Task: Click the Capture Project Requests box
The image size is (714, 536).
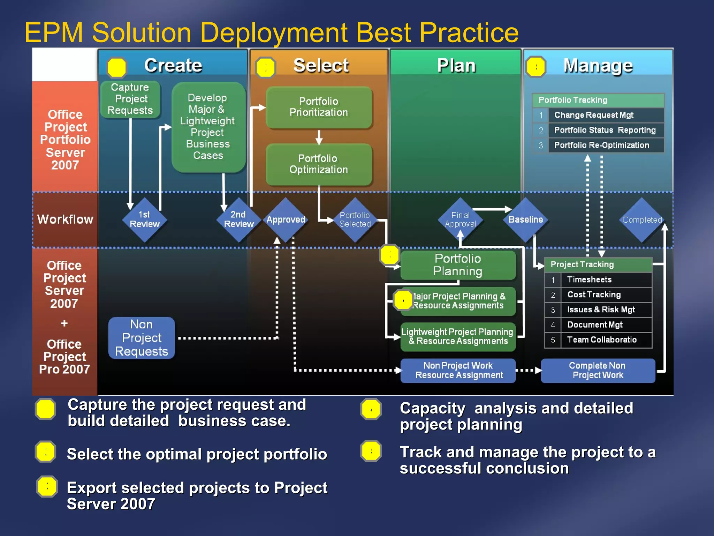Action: click(x=130, y=99)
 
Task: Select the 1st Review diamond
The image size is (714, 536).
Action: click(x=144, y=219)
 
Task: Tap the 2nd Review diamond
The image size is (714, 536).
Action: click(x=238, y=219)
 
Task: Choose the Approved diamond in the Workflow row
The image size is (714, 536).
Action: click(x=286, y=219)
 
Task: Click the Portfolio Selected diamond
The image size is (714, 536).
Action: click(x=355, y=219)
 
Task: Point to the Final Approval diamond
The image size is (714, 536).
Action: click(x=460, y=219)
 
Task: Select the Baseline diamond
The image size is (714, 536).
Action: click(x=525, y=219)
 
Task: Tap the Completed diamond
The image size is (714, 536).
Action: click(x=642, y=219)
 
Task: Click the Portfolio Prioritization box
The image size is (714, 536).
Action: click(x=319, y=107)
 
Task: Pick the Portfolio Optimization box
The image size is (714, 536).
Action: click(x=319, y=164)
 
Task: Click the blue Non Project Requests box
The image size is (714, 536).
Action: click(x=142, y=338)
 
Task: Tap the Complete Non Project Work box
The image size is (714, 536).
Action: click(x=598, y=371)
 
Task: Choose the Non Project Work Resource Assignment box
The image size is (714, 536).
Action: click(x=458, y=371)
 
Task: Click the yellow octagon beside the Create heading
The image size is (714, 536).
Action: click(x=117, y=67)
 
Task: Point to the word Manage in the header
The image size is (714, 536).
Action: click(x=598, y=66)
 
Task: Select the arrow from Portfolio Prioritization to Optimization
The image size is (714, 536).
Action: click(x=319, y=137)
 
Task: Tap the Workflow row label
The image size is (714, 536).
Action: click(x=65, y=219)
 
